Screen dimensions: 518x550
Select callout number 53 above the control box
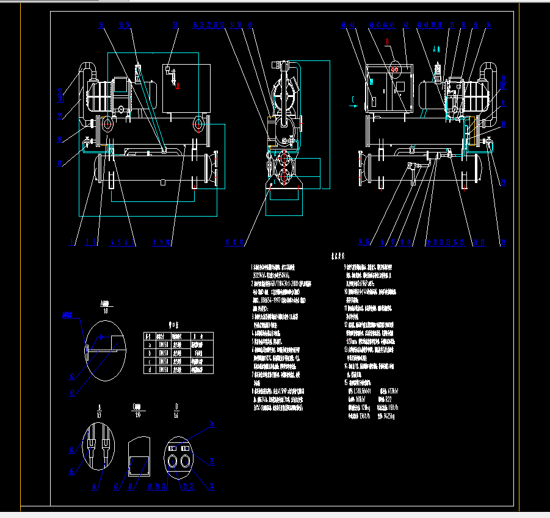click(x=175, y=26)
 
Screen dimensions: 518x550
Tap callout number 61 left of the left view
click(x=60, y=164)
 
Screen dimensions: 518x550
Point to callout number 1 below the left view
click(x=71, y=243)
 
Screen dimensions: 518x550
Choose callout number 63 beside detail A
click(x=71, y=394)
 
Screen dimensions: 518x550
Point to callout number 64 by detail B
click(x=71, y=449)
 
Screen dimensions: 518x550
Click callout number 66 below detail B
click(x=95, y=486)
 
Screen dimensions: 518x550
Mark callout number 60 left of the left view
click(x=60, y=139)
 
